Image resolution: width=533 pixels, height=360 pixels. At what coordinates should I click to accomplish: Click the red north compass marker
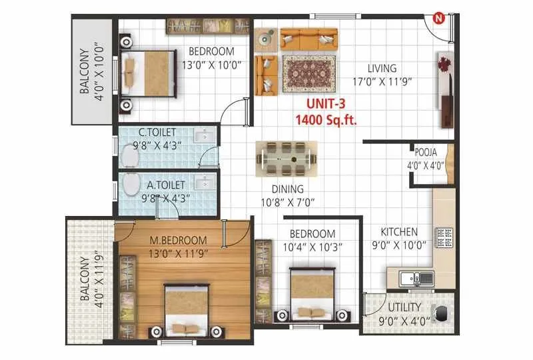point(439,18)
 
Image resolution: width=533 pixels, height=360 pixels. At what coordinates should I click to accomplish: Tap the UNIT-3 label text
point(326,105)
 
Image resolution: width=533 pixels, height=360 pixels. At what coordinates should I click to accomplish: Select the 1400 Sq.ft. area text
point(326,120)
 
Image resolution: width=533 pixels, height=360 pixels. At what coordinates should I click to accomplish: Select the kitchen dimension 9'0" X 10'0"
point(399,244)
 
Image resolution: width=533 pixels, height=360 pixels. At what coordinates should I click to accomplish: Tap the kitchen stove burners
point(443,237)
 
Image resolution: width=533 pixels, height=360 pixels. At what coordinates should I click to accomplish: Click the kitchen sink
point(413,278)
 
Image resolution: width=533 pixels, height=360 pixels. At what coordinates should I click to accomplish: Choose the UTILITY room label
point(405,307)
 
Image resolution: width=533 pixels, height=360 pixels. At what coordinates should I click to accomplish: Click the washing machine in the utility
point(440,313)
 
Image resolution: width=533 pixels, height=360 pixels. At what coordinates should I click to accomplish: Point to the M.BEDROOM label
point(178,240)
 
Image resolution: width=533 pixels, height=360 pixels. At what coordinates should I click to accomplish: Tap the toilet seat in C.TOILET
point(132,157)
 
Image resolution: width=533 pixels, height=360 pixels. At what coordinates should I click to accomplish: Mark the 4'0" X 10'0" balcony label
point(91,71)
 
